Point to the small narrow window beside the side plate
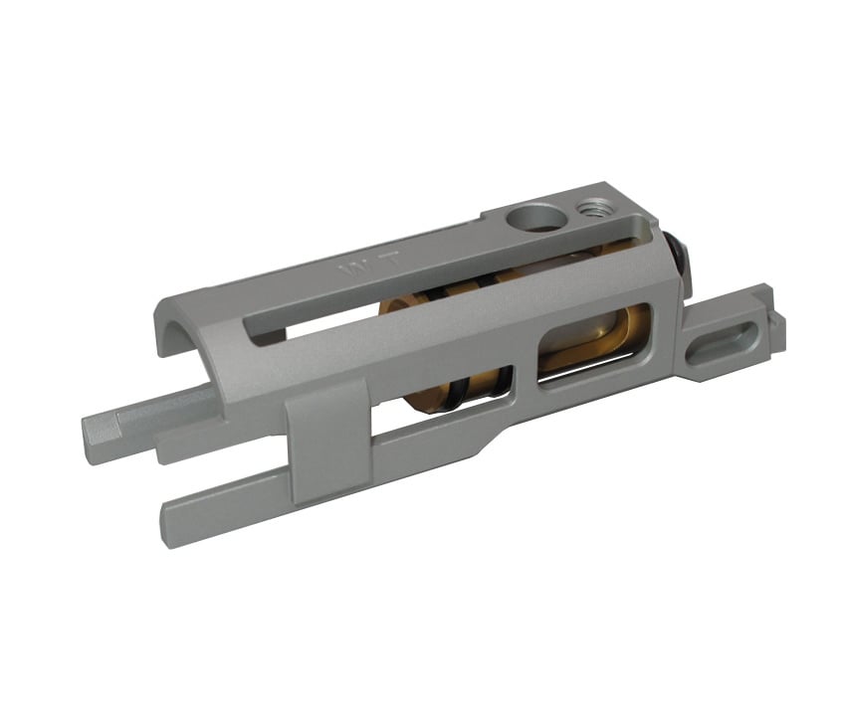point(503,384)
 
